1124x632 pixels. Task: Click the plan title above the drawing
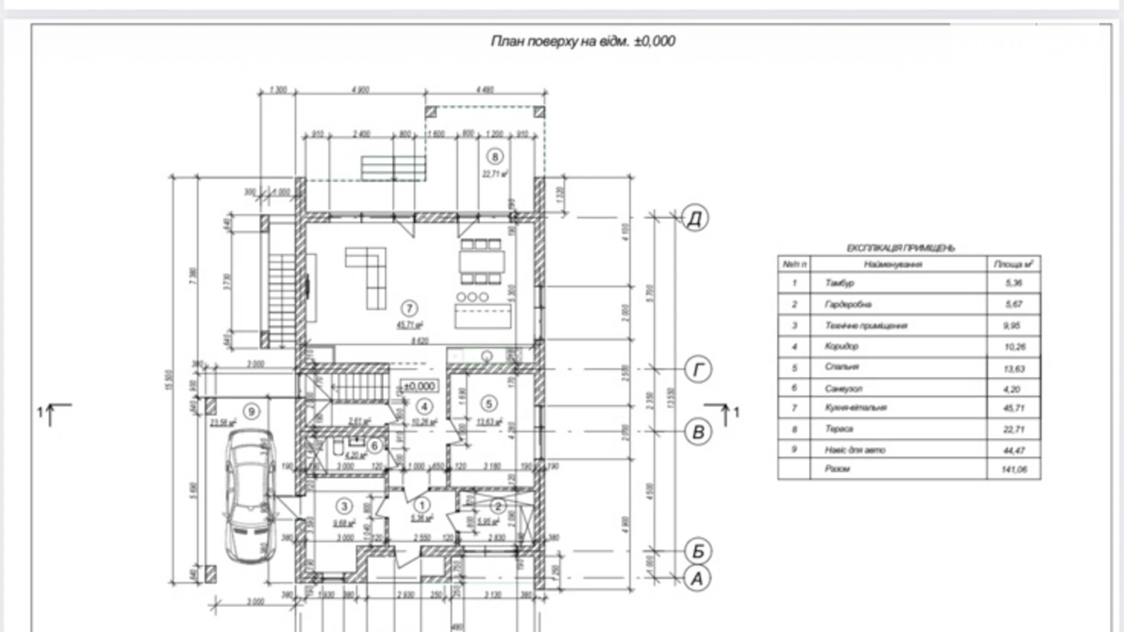point(582,41)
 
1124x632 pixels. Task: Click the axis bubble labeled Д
point(695,218)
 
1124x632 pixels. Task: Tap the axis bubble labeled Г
point(698,369)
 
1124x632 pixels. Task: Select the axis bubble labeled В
point(698,431)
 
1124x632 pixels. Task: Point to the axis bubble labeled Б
point(697,551)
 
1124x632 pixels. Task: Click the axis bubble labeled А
point(697,578)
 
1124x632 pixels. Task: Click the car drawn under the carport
point(250,495)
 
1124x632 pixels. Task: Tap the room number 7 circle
point(409,308)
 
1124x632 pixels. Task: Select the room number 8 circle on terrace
point(495,157)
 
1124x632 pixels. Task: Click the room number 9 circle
point(252,411)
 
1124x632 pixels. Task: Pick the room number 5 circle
point(488,403)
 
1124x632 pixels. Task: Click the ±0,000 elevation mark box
point(419,386)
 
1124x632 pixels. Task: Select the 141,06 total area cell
point(1013,469)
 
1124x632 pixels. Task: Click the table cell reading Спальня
point(842,367)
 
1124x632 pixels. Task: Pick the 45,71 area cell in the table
point(1013,408)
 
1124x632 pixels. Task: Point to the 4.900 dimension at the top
point(360,90)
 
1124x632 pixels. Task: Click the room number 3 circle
point(344,506)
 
